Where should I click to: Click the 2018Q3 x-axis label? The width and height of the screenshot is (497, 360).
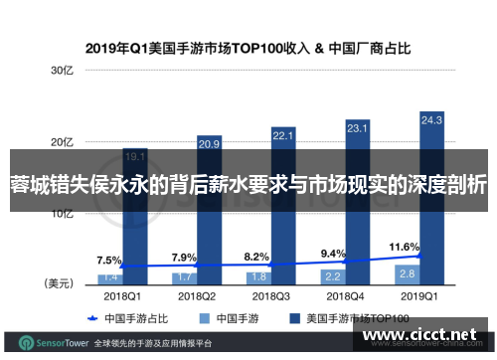point(270,295)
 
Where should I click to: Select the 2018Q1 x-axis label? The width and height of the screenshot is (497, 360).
point(122,295)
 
